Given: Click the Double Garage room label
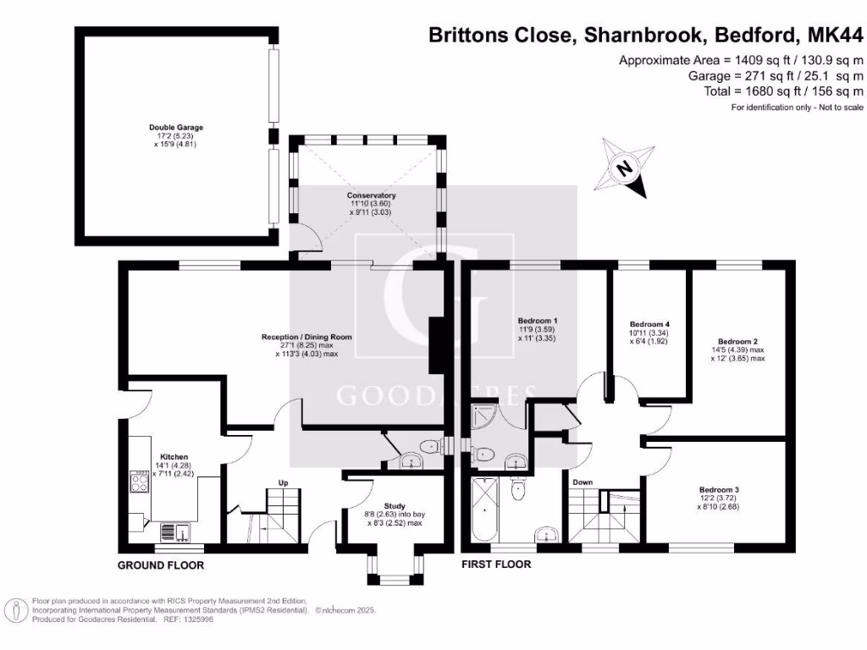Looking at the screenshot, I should (x=176, y=128).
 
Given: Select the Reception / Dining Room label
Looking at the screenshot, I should (x=306, y=337).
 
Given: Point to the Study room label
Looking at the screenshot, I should (x=394, y=505).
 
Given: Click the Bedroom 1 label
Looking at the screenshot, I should (x=538, y=321).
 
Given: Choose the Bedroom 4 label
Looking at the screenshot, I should (x=650, y=324).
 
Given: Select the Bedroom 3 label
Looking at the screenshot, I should (x=719, y=489).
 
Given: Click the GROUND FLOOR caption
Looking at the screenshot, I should (x=161, y=565).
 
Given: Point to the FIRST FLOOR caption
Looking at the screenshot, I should (x=496, y=565).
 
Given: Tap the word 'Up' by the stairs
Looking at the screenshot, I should (x=284, y=483).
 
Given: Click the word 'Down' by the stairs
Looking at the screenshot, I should (x=583, y=482).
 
